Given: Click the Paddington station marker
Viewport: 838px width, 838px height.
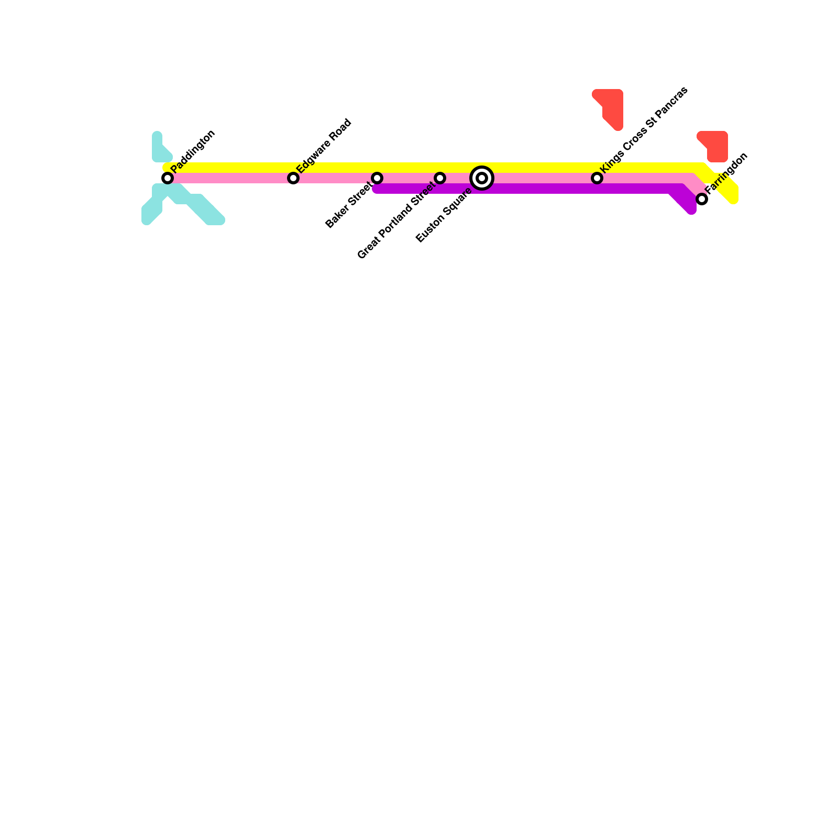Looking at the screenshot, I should pos(168,178).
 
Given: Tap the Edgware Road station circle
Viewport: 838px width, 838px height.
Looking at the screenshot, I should pos(293,178).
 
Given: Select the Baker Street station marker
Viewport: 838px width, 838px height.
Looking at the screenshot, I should pos(377,178).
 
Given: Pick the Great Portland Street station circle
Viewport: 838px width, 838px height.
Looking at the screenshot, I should pos(440,178).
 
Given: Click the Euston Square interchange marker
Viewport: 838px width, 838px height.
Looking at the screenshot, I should pos(482,178).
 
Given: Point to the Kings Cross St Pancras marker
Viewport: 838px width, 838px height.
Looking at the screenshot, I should pos(597,178).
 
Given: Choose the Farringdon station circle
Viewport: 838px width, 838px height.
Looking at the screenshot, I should pos(702,199).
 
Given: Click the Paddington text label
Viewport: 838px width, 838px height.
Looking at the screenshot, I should pos(193,151).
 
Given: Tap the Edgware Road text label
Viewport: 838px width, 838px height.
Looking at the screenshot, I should pos(324,146).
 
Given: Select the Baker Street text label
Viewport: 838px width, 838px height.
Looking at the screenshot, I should pos(349,205).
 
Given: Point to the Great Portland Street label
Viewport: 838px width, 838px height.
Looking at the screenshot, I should pos(396,220).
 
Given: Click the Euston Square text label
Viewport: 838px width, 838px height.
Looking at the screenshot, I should pos(444,215).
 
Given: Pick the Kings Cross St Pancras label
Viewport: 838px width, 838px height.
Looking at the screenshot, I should pos(644,129).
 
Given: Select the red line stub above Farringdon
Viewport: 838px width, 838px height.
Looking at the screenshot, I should pos(715,146).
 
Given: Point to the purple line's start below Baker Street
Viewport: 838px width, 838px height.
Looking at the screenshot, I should pos(378,189).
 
